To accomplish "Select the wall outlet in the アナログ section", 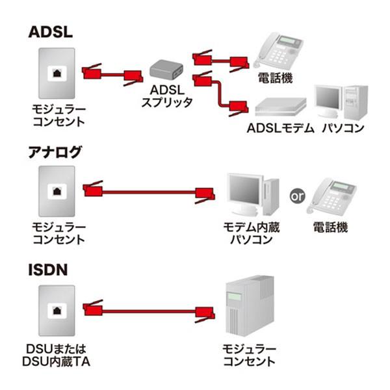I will point(57,191).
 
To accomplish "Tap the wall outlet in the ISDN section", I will point(57,310).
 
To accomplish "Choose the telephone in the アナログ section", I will point(333,196).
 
